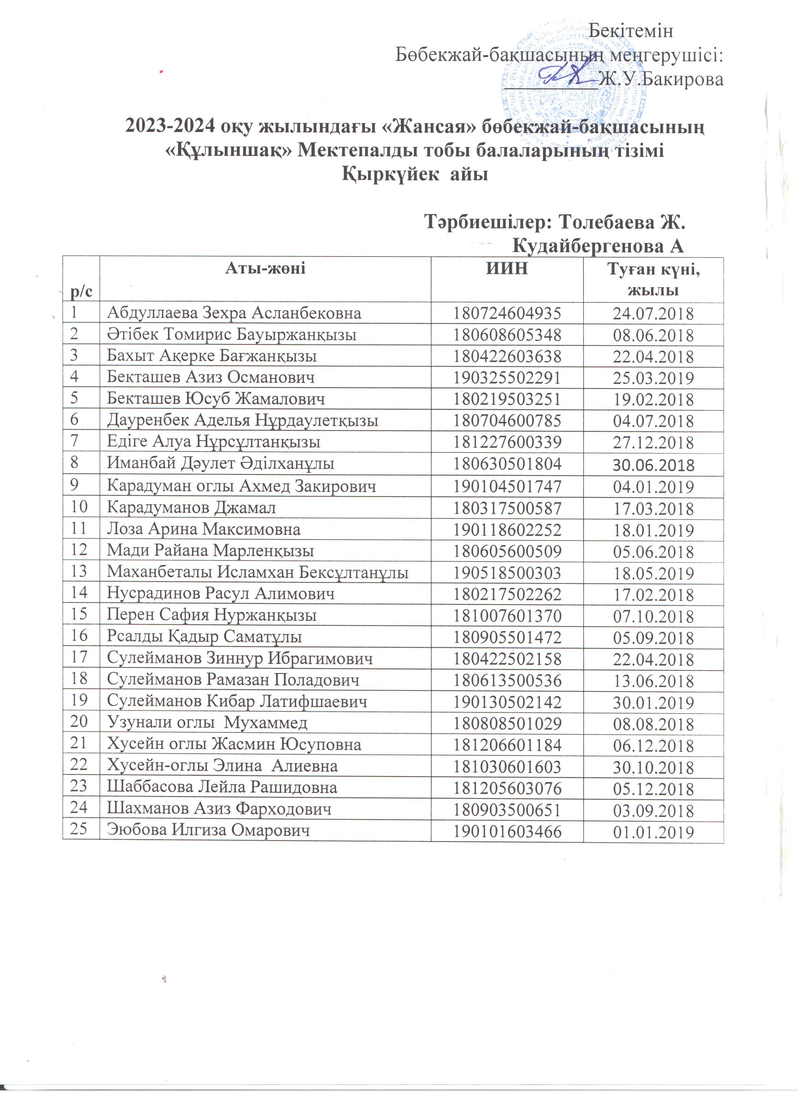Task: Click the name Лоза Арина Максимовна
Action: click(x=203, y=529)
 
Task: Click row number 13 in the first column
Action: click(x=78, y=572)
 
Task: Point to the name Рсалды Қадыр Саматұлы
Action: click(x=204, y=637)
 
